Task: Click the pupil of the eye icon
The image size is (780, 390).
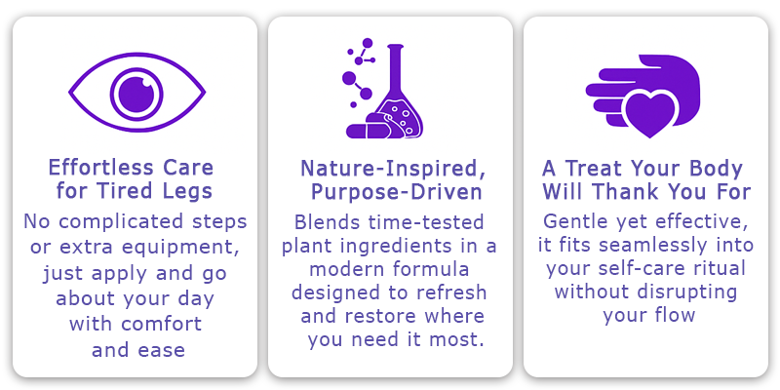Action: tap(136, 93)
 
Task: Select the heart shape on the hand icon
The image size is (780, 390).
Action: tap(650, 113)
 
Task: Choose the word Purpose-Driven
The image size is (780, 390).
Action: tap(397, 193)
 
